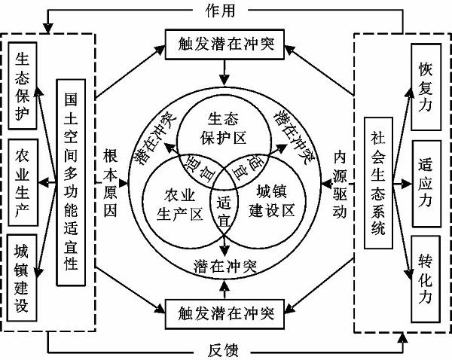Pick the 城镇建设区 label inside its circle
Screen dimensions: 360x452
click(x=269, y=198)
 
